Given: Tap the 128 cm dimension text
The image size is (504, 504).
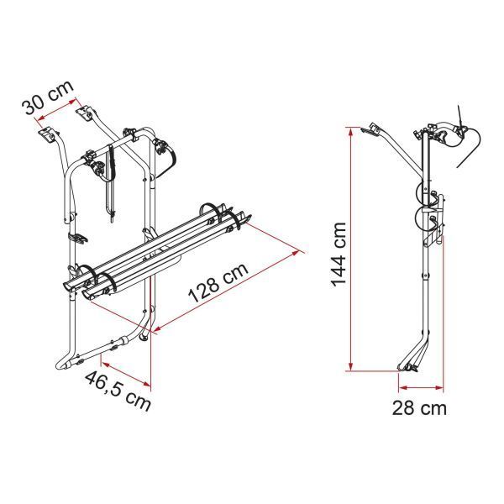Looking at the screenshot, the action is tap(218, 283).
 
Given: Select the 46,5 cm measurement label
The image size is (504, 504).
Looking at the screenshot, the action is tap(118, 391).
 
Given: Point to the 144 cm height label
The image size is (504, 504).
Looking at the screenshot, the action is tap(339, 255).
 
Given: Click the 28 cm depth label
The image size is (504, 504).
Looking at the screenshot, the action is tap(419, 408).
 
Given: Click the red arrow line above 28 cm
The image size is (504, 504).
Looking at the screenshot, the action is tap(421, 388).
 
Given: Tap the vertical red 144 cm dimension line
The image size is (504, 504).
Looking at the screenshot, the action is tap(351, 249).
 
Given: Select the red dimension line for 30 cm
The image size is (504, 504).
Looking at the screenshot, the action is tap(57, 110).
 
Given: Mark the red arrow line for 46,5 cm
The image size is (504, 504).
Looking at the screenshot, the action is tap(126, 374).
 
